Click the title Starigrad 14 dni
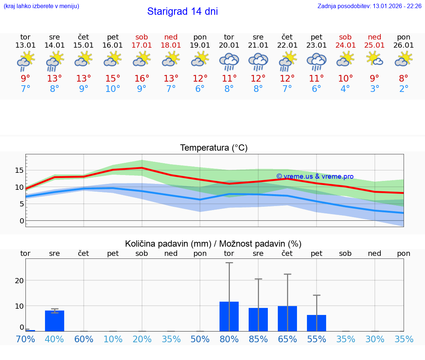(x=182, y=11)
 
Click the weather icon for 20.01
(x=229, y=62)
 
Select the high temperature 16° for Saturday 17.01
(x=142, y=79)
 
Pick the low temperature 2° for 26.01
(x=404, y=89)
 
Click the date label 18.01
(x=171, y=45)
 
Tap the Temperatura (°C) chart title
(x=214, y=148)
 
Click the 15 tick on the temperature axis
(x=19, y=170)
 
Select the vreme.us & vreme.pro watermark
(x=315, y=176)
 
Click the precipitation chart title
(x=213, y=244)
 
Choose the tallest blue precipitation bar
(x=229, y=316)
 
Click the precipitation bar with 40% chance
(x=55, y=321)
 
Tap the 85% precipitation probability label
(x=258, y=339)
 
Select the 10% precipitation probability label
(x=113, y=339)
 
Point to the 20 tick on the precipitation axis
(x=19, y=280)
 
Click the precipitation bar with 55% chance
(x=317, y=323)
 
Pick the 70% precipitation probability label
(x=25, y=339)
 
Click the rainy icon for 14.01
(x=55, y=61)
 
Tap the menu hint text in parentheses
(x=41, y=6)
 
